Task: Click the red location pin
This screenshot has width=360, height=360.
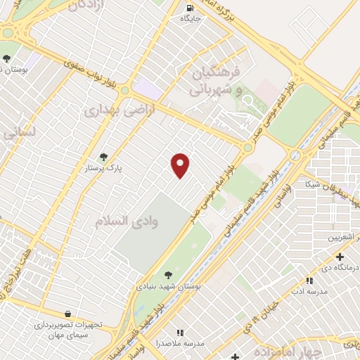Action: coord(181,165)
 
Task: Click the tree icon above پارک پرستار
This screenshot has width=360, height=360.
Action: coord(104,157)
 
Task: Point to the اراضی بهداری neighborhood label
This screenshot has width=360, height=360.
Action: coord(110,110)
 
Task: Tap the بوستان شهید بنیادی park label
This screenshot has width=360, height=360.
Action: coord(167,286)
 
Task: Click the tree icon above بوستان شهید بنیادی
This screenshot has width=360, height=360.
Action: coord(167,275)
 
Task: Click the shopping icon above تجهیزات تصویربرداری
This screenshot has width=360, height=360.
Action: coord(67,314)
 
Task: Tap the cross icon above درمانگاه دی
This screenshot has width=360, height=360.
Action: coord(340,257)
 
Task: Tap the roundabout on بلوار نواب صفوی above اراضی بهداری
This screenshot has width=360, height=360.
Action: coord(125,91)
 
